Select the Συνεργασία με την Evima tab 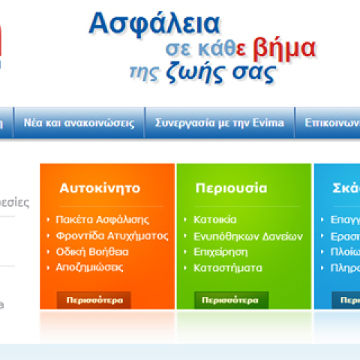220,123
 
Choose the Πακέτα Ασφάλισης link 102,220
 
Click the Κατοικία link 214,220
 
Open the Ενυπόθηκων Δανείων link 237,235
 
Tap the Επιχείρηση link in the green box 220,251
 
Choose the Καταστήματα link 227,267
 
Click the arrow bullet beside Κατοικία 186,220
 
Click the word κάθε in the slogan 217,49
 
